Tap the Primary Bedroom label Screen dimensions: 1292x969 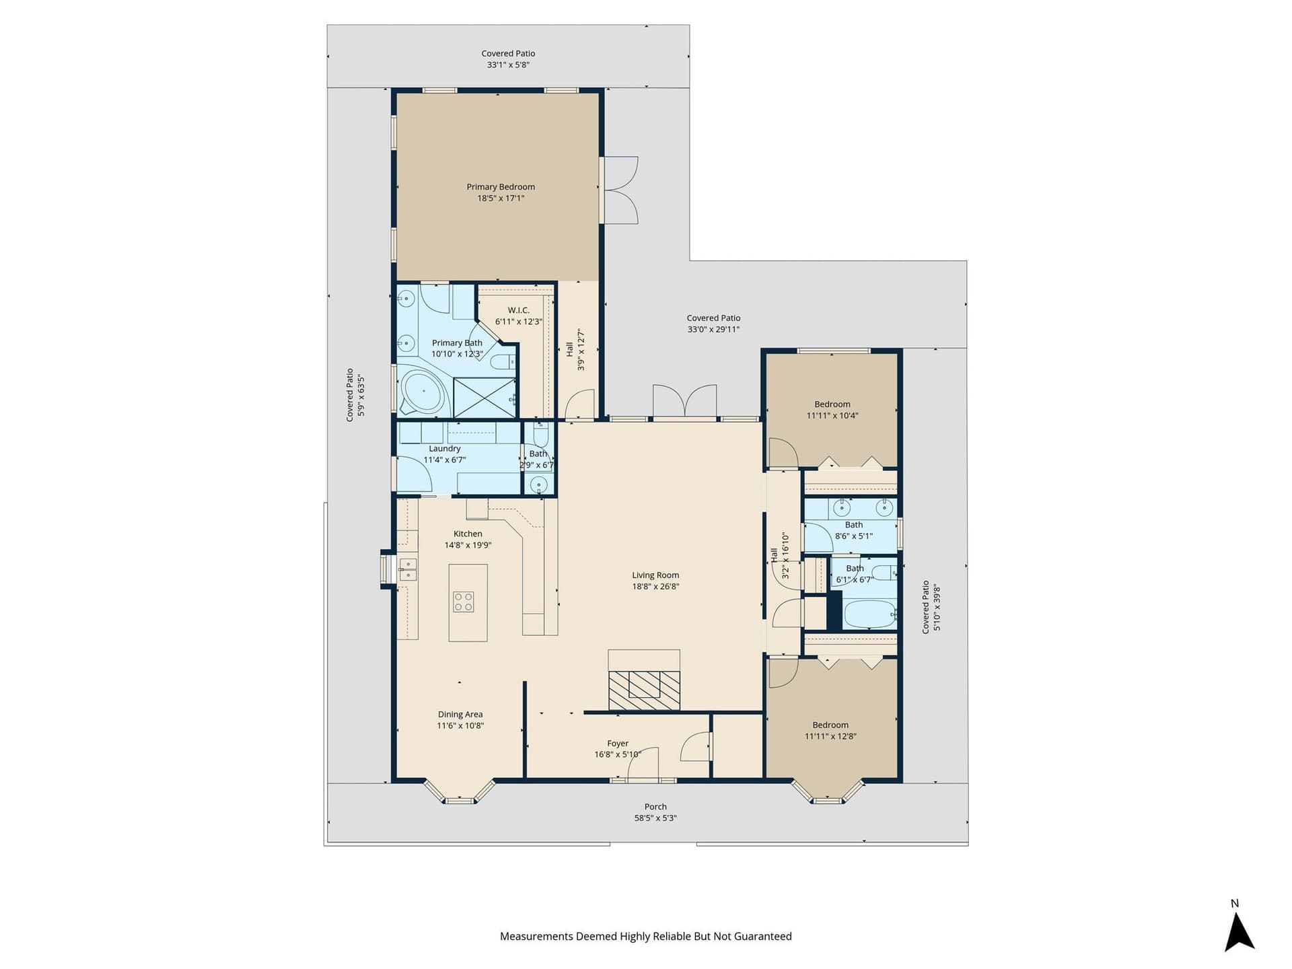(501, 187)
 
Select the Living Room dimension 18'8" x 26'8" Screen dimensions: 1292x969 (655, 587)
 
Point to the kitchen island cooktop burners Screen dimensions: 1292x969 (463, 602)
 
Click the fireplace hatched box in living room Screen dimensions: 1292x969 (644, 690)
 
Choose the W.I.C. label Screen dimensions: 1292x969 (518, 310)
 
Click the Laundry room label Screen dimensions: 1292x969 (445, 449)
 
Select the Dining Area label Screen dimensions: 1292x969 (460, 715)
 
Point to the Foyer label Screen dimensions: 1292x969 (618, 744)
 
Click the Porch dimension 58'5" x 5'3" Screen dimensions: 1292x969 (655, 818)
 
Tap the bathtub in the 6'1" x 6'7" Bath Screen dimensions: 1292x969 (870, 614)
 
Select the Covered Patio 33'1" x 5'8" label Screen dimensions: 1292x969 (508, 59)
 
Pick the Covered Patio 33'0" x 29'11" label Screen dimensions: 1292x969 (713, 324)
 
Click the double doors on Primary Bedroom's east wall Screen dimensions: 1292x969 (619, 190)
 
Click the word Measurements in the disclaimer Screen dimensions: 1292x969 (536, 936)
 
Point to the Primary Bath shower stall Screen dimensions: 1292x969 (485, 398)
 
